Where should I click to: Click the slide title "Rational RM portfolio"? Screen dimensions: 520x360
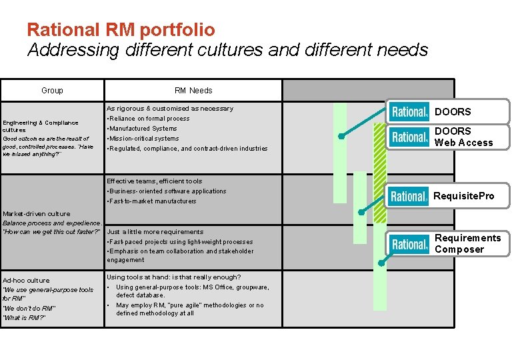pyautogui.click(x=121, y=30)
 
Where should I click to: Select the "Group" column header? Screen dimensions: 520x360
pyautogui.click(x=52, y=91)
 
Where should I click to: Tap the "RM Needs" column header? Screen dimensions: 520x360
pyautogui.click(x=193, y=91)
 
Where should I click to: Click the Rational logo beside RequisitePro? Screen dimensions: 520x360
pyautogui.click(x=409, y=196)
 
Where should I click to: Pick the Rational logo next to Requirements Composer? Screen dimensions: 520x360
pyautogui.click(x=409, y=244)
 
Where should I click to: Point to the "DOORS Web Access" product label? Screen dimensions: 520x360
pyautogui.click(x=463, y=137)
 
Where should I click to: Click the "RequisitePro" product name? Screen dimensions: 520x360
pyautogui.click(x=463, y=196)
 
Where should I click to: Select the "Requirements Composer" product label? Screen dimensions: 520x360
pyautogui.click(x=467, y=244)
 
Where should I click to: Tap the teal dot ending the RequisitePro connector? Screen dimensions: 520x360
pyautogui.click(x=361, y=213)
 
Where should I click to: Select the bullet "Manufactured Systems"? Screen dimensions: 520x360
pyautogui.click(x=143, y=129)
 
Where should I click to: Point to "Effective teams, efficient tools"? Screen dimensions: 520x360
pyautogui.click(x=154, y=181)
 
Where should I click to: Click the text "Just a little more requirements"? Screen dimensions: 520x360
pyautogui.click(x=155, y=232)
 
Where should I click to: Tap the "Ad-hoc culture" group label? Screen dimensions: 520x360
pyautogui.click(x=26, y=281)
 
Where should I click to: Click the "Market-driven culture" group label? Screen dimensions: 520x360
pyautogui.click(x=36, y=214)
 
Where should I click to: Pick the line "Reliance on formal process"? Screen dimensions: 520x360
pyautogui.click(x=149, y=119)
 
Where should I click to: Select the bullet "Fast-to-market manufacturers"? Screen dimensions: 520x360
pyautogui.click(x=153, y=201)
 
